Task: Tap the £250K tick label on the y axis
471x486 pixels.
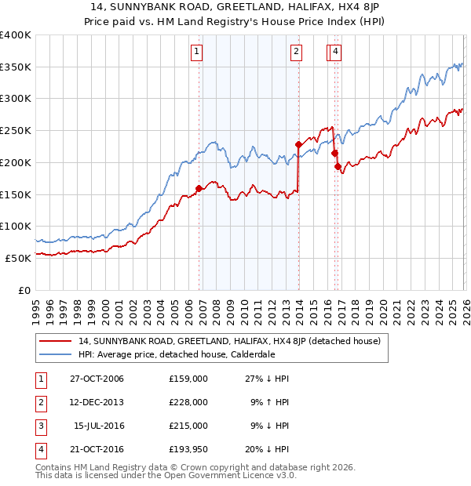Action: (16, 130)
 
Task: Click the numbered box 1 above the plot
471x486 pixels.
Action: (195, 53)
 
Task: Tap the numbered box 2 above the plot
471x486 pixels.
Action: (296, 53)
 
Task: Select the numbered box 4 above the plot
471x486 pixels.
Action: (335, 53)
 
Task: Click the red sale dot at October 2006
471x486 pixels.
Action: (199, 188)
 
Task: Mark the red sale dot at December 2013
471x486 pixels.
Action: (298, 144)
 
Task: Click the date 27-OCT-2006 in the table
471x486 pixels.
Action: (97, 379)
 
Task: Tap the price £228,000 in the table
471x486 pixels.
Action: (188, 401)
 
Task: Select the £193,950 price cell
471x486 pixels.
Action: (188, 448)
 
